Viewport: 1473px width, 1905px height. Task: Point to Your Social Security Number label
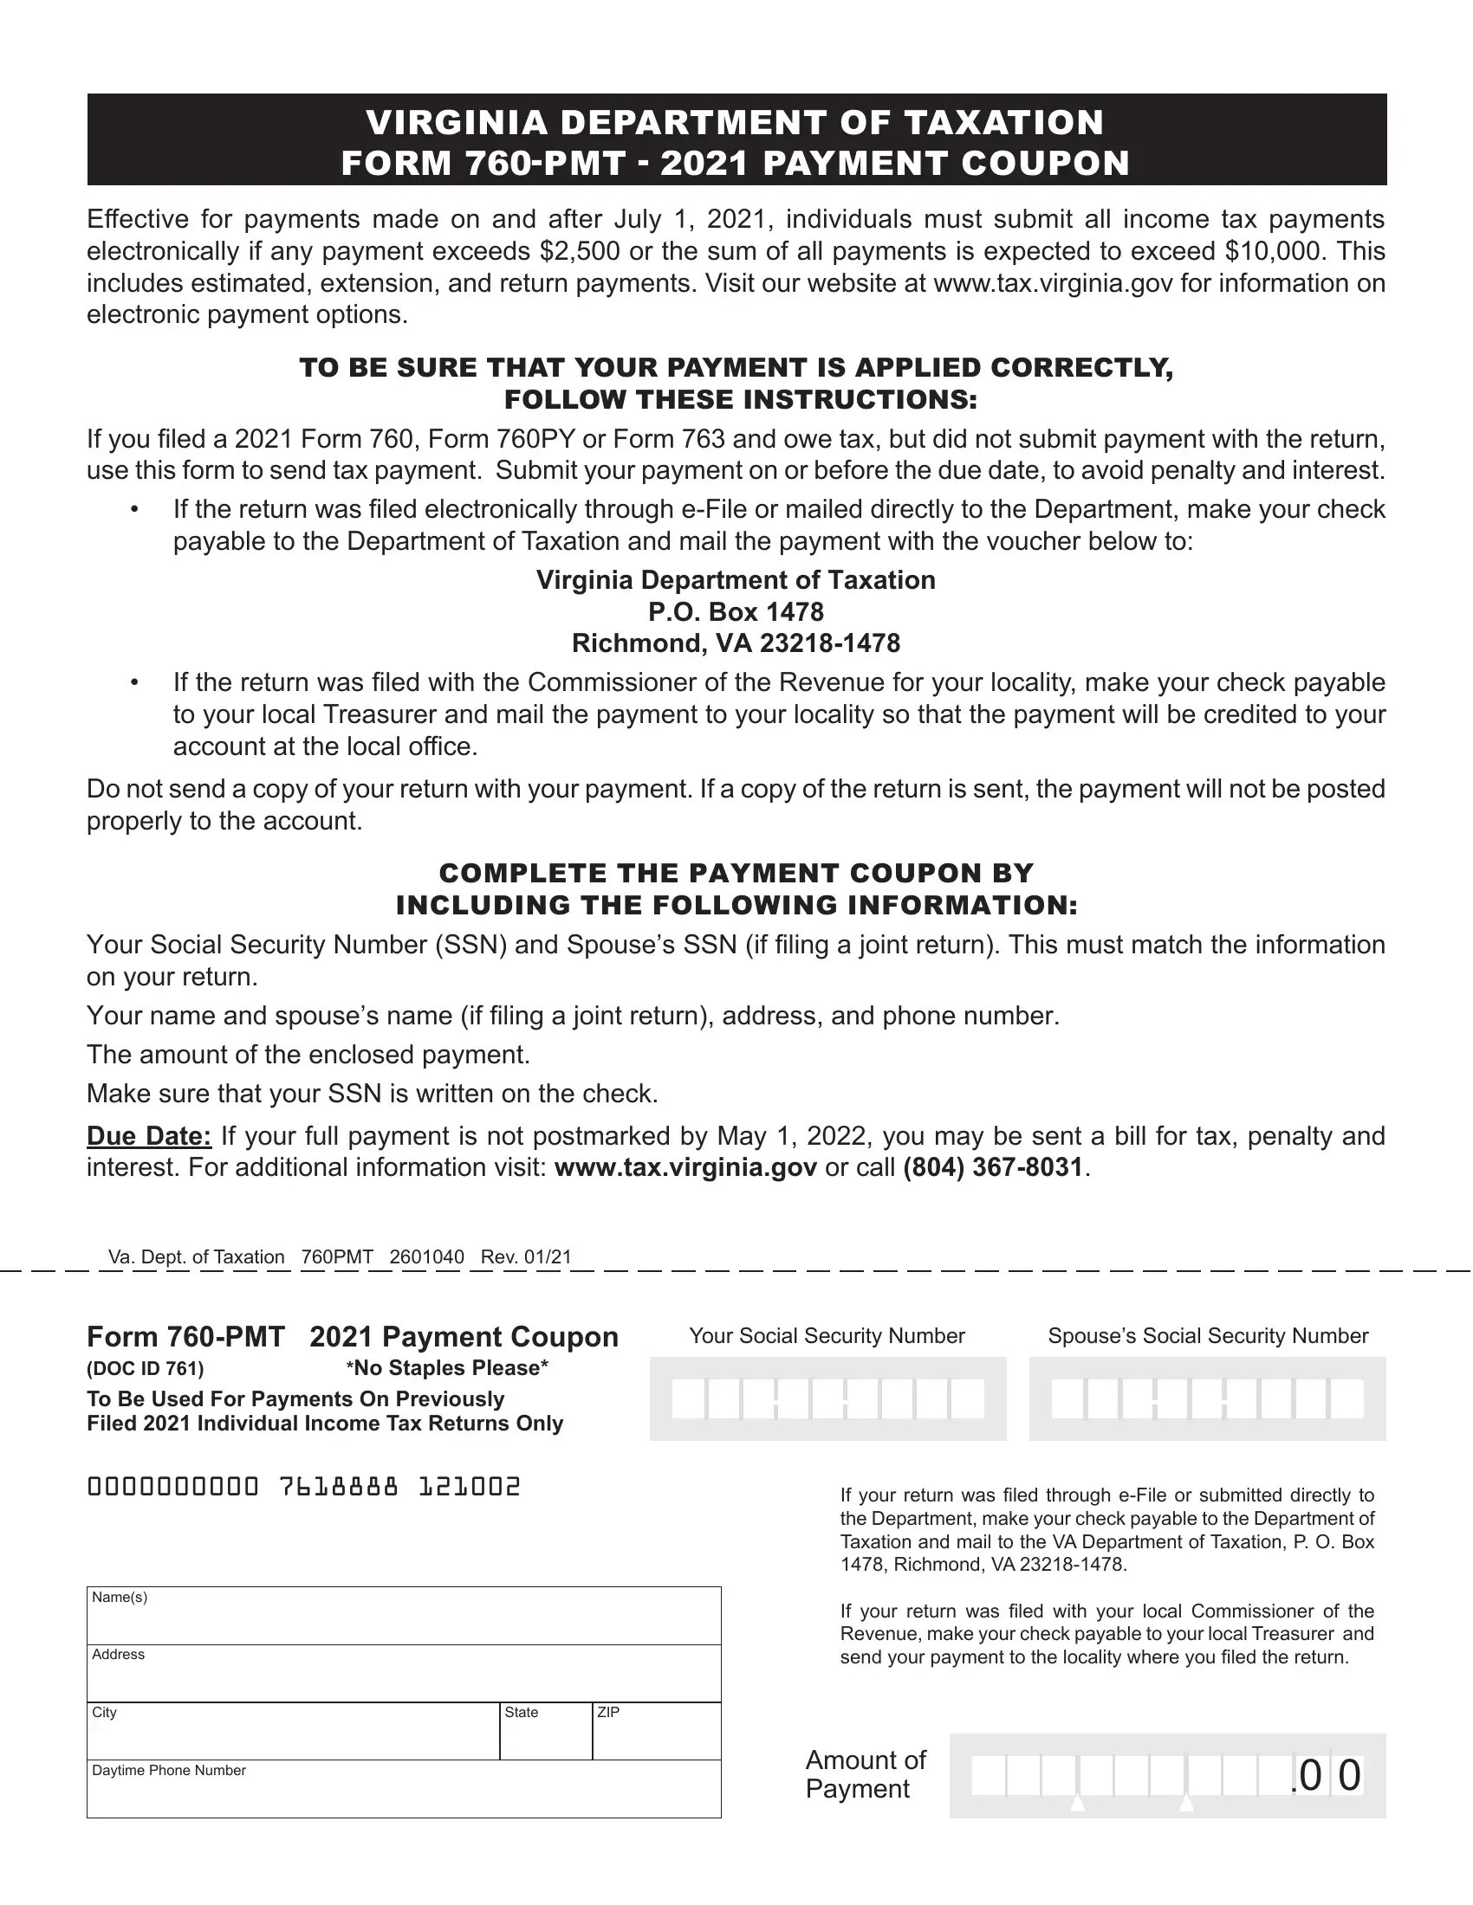click(827, 1336)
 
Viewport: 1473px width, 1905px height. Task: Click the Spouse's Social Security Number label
click(1208, 1336)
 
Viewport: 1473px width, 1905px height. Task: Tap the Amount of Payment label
click(865, 1774)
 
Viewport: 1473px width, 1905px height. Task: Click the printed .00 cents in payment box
click(1327, 1776)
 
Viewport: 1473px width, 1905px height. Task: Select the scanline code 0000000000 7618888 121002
click(303, 1486)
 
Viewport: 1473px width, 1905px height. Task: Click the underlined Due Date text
click(148, 1137)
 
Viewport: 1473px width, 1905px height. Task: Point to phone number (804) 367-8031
click(992, 1168)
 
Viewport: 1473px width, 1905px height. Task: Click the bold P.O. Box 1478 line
click(736, 612)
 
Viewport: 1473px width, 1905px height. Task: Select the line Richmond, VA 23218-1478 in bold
click(736, 643)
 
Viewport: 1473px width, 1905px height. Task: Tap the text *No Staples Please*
click(447, 1368)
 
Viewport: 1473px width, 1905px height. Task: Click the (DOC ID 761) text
click(145, 1368)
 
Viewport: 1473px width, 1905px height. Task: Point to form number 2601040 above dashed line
click(425, 1257)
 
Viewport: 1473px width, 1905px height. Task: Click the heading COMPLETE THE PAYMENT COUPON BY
click(736, 873)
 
